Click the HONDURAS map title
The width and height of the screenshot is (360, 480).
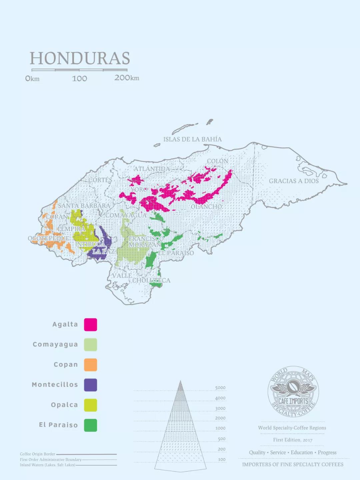point(80,58)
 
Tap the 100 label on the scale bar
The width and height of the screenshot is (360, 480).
point(79,79)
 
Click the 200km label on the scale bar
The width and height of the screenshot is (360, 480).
point(127,78)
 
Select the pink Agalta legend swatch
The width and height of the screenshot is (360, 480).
point(90,325)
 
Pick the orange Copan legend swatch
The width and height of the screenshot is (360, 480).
point(90,365)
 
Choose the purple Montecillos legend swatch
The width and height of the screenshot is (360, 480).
point(90,385)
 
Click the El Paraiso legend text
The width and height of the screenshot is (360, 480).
point(58,425)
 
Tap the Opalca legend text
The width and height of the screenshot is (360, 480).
point(64,405)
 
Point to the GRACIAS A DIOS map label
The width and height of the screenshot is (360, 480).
point(294,181)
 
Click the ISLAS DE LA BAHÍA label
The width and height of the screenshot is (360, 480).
point(192,139)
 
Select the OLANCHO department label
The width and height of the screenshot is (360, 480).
point(206,207)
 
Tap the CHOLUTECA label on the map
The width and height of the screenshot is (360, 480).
point(151,281)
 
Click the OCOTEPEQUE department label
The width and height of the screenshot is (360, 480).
point(49,238)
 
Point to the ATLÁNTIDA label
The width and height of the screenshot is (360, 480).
point(152,169)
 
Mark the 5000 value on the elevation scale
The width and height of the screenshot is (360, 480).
point(220,388)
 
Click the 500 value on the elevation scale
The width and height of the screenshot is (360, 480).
point(222,439)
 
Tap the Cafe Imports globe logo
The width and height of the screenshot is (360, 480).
point(293,392)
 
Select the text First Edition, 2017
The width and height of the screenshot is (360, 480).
point(293,440)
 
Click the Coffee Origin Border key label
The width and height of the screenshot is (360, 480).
point(37,454)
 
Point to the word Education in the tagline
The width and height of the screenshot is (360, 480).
point(302,453)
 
